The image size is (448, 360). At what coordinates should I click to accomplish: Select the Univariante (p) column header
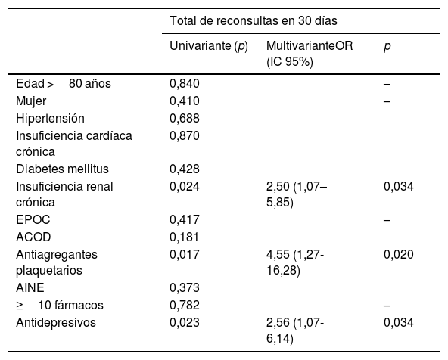(209, 47)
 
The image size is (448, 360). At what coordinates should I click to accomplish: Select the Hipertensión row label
(50, 118)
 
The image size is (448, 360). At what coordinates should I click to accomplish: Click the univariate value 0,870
(184, 135)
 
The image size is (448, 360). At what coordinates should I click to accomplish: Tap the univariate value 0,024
(184, 186)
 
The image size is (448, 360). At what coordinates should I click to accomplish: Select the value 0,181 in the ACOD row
(184, 237)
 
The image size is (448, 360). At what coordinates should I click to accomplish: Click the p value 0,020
(398, 255)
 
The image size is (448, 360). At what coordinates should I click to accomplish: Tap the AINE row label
(30, 288)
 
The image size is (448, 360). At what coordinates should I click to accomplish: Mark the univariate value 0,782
(184, 306)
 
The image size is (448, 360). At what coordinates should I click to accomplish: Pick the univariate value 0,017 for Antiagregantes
(184, 255)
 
